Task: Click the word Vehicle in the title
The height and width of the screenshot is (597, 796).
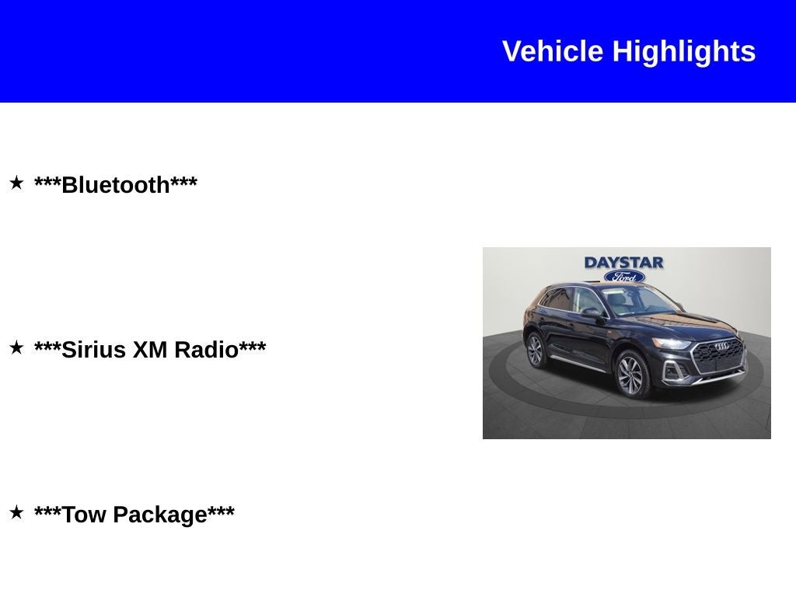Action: click(553, 51)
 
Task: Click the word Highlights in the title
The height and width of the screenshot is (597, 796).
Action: click(684, 51)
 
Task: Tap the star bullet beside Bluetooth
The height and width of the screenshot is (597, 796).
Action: click(16, 183)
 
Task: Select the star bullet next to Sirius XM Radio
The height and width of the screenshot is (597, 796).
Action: click(16, 348)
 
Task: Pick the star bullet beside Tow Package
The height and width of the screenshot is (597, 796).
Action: click(16, 513)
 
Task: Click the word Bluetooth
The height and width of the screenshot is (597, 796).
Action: click(116, 185)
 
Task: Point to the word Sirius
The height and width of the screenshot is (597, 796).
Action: click(94, 350)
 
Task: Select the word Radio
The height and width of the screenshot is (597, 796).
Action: click(206, 350)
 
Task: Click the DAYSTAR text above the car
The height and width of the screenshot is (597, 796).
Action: click(624, 263)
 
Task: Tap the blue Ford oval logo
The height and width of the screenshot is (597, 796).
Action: click(624, 277)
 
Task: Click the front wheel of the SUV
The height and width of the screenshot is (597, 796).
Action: click(631, 375)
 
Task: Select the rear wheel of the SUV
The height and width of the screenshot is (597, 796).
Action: click(536, 350)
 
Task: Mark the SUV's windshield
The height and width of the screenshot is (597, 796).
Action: click(634, 302)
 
